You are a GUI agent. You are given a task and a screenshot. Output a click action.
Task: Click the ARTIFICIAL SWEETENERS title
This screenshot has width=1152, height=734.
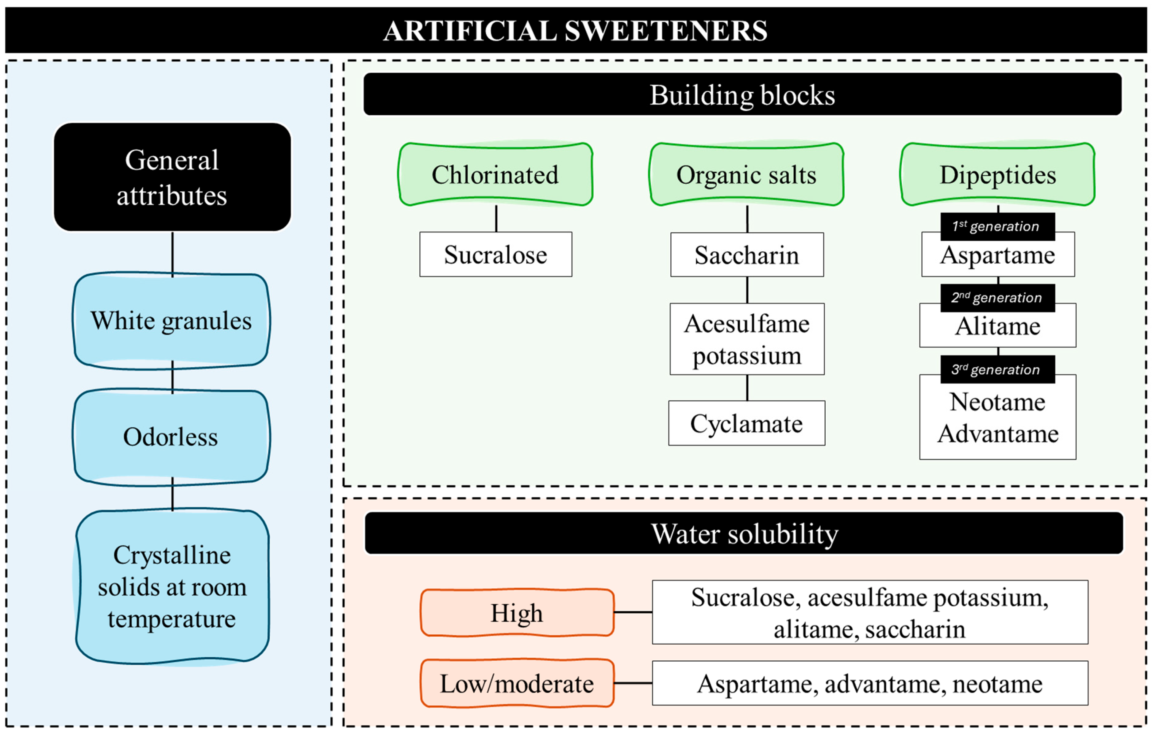coord(576,31)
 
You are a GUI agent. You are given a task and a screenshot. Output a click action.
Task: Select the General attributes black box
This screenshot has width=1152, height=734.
coord(172,177)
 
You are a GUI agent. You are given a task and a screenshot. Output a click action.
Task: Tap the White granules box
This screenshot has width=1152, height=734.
coord(171,321)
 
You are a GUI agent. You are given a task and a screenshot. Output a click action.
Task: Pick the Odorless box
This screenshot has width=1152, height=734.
coord(171,437)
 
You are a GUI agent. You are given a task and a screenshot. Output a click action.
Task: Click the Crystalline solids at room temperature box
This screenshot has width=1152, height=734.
coord(172,587)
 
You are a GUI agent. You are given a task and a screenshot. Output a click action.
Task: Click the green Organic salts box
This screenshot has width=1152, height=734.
coord(747,174)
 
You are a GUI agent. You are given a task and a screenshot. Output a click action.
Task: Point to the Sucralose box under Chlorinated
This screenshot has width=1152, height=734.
coord(496,254)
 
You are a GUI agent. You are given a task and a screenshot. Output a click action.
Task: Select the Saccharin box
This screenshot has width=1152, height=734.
coord(747,255)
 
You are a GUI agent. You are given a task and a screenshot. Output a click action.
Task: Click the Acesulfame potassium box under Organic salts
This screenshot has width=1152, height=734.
coord(747,339)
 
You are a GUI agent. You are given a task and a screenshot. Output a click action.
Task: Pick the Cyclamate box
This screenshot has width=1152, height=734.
coord(747,423)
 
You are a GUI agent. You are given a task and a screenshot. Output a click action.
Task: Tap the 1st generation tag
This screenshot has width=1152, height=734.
coord(997,227)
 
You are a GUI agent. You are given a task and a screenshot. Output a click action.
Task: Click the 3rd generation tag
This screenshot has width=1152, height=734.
coord(997,370)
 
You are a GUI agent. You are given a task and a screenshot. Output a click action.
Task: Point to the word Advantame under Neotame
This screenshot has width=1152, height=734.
coord(998,434)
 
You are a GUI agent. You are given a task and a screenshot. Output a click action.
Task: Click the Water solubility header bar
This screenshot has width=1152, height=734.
coord(744,533)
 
